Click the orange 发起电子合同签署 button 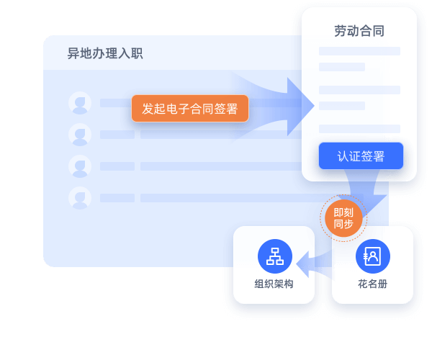(x=190, y=109)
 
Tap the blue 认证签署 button (x=361, y=156)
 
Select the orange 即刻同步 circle (x=343, y=218)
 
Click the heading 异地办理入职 (x=104, y=53)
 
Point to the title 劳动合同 (x=359, y=31)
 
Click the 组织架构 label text (x=274, y=284)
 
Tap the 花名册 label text (x=372, y=284)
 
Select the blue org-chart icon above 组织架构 (x=274, y=256)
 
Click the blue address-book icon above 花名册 (x=372, y=256)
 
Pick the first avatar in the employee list (x=79, y=102)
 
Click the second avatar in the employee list (x=79, y=134)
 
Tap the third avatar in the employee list (x=79, y=166)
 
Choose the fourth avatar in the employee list (x=79, y=197)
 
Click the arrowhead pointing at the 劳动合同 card (x=302, y=106)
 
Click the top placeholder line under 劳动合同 (x=359, y=51)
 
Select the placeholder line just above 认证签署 (x=359, y=129)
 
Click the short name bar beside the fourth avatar (x=117, y=198)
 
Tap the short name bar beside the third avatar (x=117, y=166)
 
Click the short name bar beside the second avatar (x=117, y=135)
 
